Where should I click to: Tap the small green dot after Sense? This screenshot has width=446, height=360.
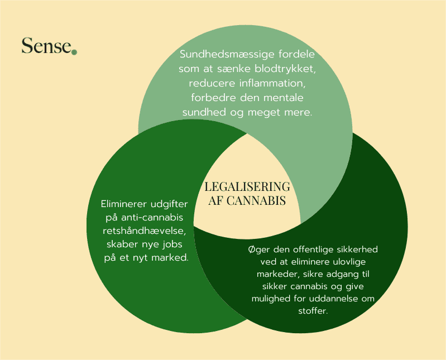click(74, 52)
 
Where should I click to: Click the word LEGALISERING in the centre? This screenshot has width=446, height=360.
click(247, 187)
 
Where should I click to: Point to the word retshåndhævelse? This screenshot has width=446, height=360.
click(147, 231)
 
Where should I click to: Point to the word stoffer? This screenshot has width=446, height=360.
click(313, 311)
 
